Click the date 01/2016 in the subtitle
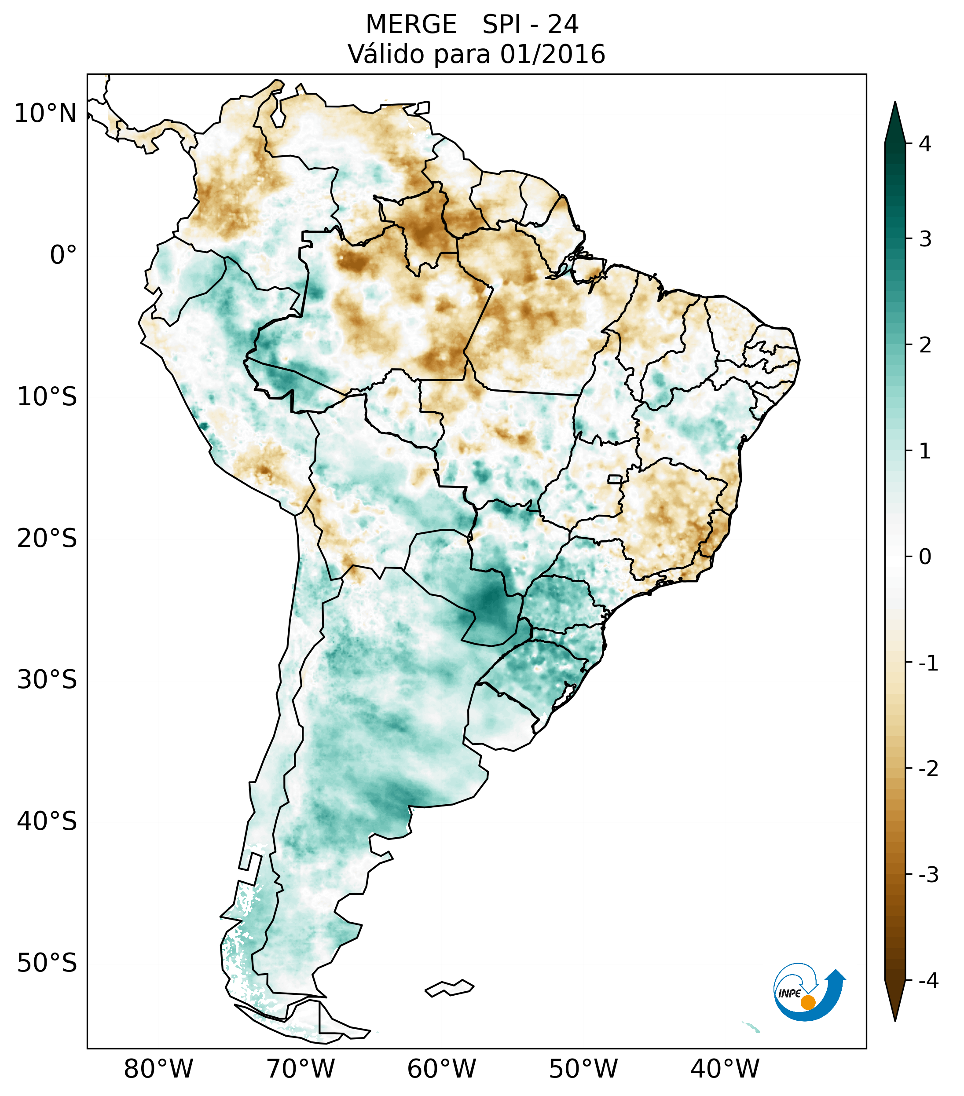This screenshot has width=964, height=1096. [x=552, y=54]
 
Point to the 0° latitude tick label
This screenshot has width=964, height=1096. [x=63, y=255]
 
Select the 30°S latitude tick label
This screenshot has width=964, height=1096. [x=47, y=680]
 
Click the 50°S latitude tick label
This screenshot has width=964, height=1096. [x=47, y=964]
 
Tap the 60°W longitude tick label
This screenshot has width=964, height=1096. [x=441, y=1069]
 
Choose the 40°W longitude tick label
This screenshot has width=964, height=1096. [x=725, y=1069]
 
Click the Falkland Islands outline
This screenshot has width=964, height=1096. [x=449, y=988]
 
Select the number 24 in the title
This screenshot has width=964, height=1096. [x=563, y=25]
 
